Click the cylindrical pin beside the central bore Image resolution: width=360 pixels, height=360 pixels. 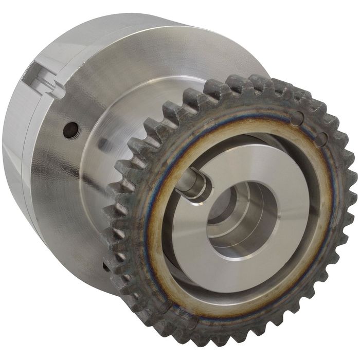pyautogui.click(x=195, y=186)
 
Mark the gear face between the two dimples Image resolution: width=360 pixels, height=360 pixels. pyautogui.click(x=309, y=130)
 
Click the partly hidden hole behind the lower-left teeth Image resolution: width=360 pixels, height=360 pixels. pyautogui.click(x=106, y=267)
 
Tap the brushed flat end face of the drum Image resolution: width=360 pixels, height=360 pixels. pyautogui.click(x=180, y=57)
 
